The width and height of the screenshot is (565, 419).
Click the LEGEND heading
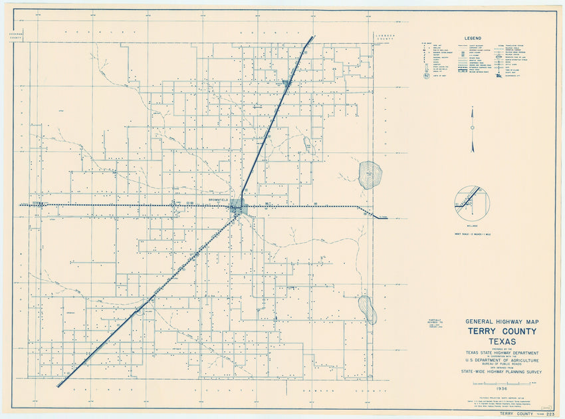(x=473, y=39)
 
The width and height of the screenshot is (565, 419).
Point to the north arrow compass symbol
(x=472, y=130)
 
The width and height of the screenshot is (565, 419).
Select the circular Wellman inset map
(x=471, y=203)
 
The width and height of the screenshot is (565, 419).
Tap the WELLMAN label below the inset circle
(x=472, y=225)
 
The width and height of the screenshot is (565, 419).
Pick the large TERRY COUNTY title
(x=502, y=332)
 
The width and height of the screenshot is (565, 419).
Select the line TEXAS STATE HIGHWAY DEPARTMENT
(x=502, y=353)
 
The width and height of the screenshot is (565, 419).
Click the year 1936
(x=502, y=391)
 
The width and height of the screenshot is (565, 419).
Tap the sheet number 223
(x=549, y=414)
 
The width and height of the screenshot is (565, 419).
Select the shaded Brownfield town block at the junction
(x=237, y=207)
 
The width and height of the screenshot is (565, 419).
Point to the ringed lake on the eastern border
(x=370, y=175)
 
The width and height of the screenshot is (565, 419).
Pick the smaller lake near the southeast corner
(x=368, y=309)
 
